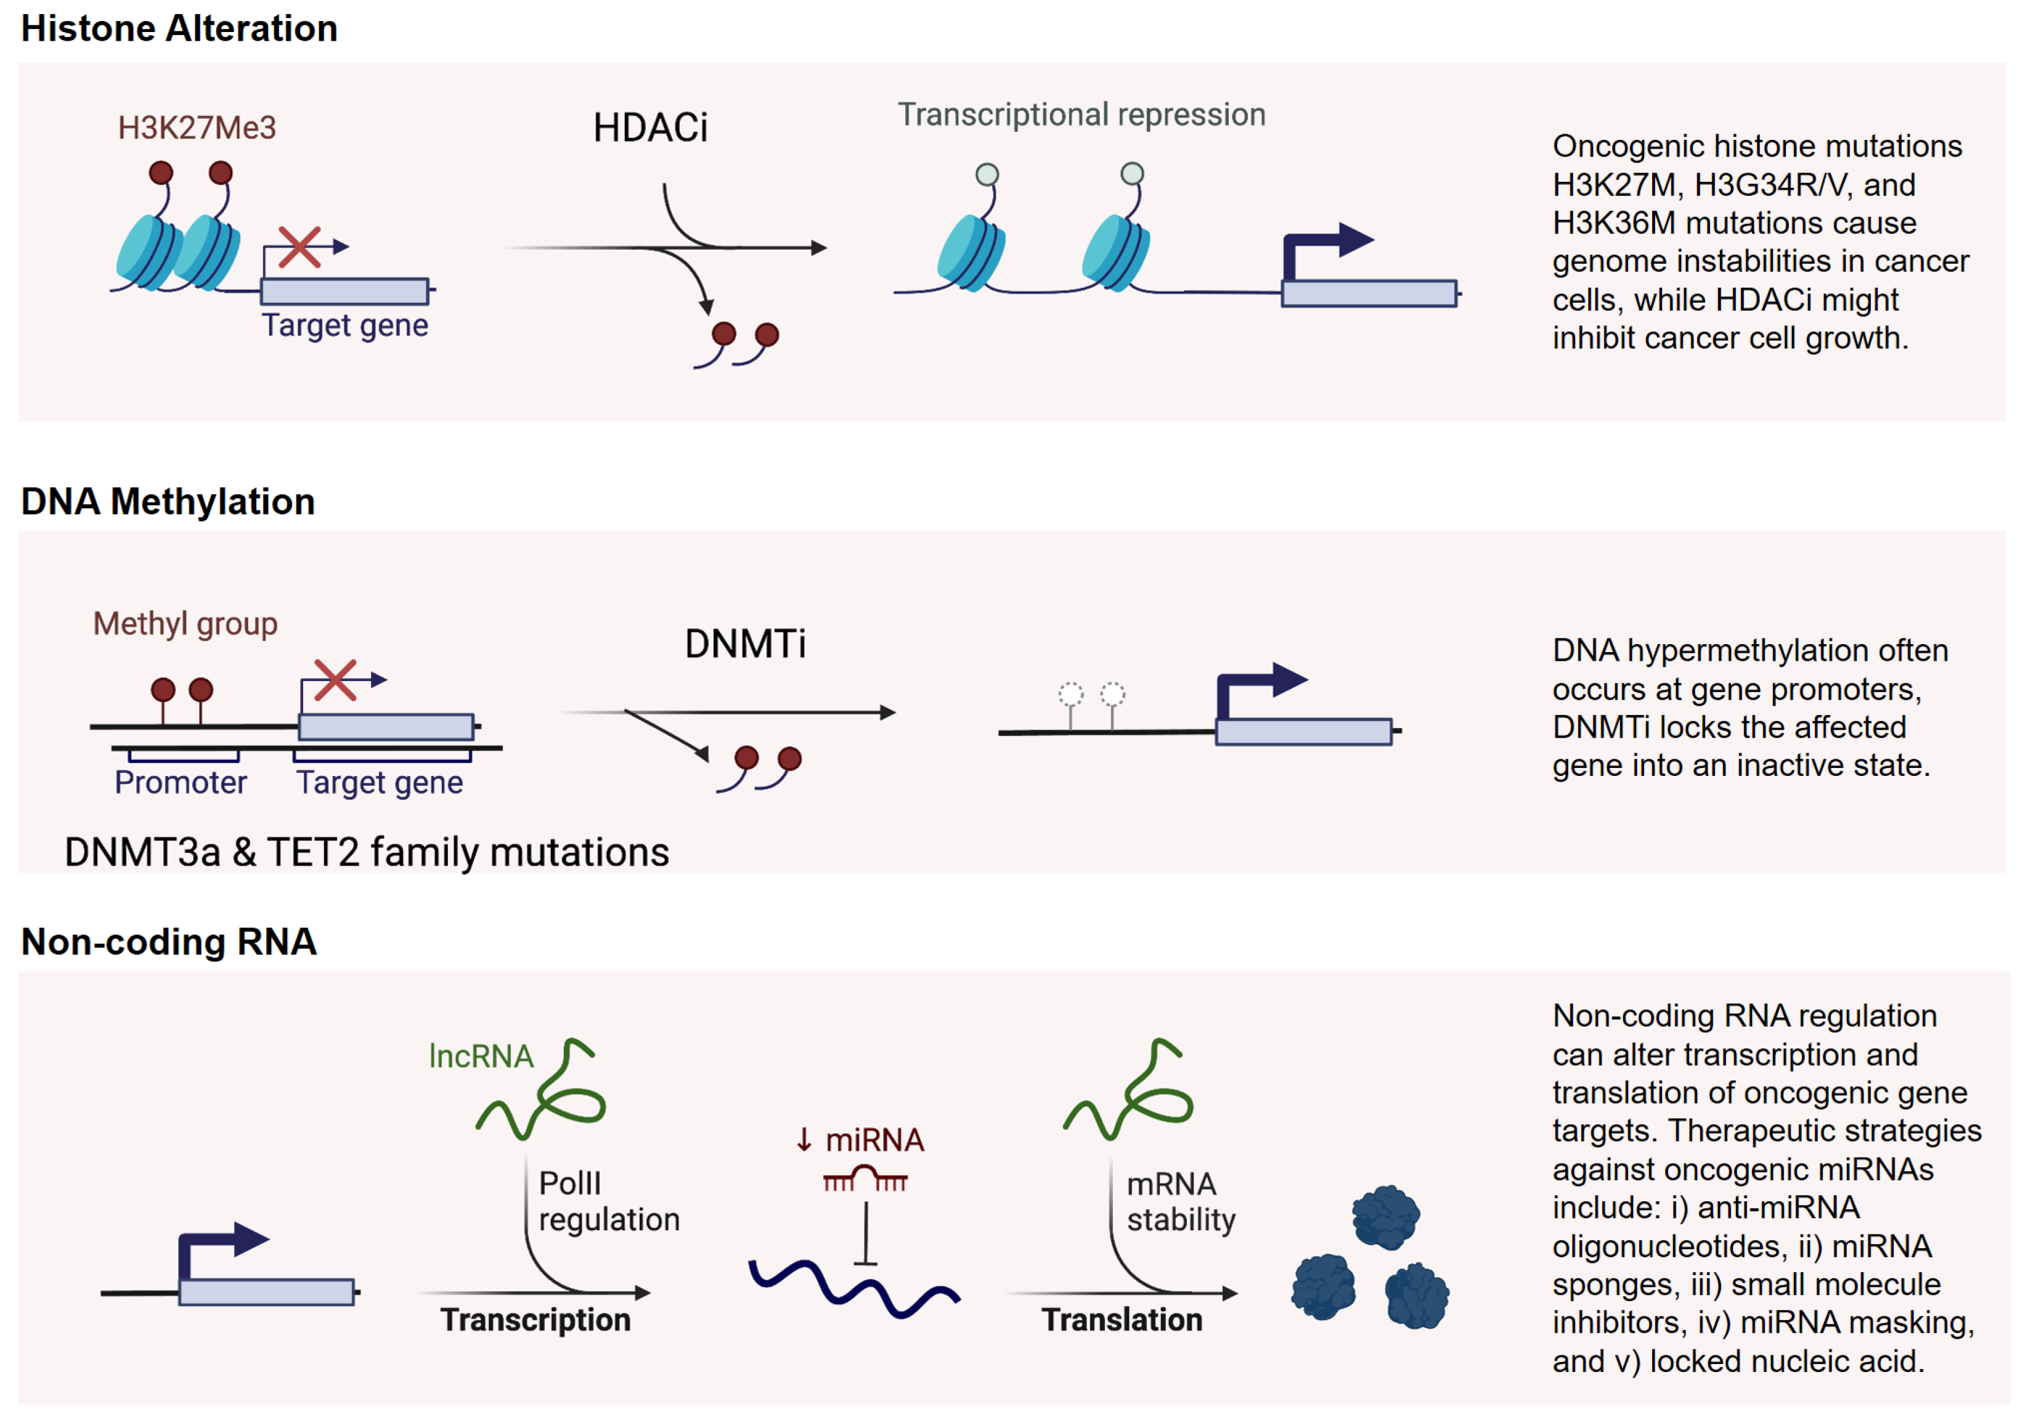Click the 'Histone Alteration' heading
point(179,29)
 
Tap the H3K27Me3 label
point(197,128)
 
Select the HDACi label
point(650,128)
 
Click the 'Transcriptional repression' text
point(1081,115)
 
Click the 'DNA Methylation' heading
point(168,502)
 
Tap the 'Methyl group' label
point(185,624)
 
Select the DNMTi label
point(744,644)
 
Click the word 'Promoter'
point(180,783)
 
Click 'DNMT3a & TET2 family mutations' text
point(367,852)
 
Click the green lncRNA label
point(481,1056)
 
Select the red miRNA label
point(874,1140)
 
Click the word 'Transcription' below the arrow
point(536,1320)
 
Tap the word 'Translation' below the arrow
point(1122,1320)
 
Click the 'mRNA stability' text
point(1180,1201)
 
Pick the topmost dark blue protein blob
point(1385,1217)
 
